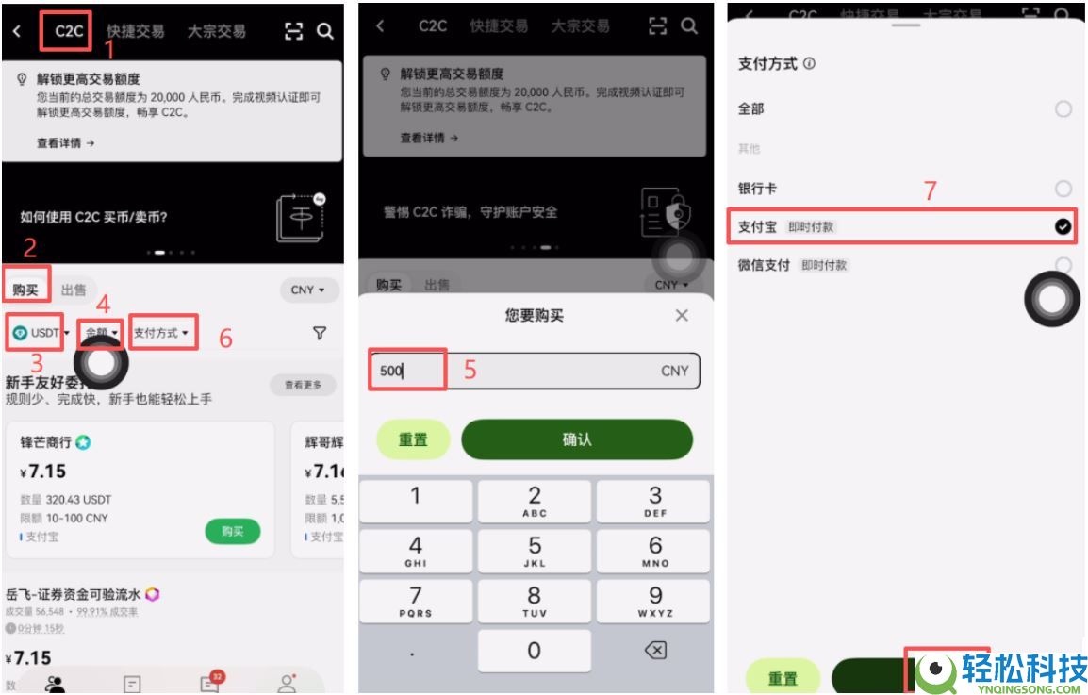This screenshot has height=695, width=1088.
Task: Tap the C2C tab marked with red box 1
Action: pyautogui.click(x=68, y=31)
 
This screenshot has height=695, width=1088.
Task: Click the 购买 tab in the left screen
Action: pyautogui.click(x=25, y=290)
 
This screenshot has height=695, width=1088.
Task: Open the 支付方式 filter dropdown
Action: pyautogui.click(x=161, y=333)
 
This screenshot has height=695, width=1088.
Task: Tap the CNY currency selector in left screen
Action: pyautogui.click(x=308, y=290)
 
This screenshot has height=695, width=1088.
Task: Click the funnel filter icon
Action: pyautogui.click(x=320, y=333)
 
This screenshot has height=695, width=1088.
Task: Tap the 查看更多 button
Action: pyautogui.click(x=303, y=385)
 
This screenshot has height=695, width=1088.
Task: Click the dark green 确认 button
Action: pyautogui.click(x=576, y=439)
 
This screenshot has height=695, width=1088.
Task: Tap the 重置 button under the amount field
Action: pyautogui.click(x=413, y=439)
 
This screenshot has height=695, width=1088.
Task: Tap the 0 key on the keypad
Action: pyautogui.click(x=534, y=651)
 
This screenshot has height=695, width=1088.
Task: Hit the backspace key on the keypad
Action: pyautogui.click(x=654, y=651)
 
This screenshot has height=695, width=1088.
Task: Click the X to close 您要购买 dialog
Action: pyautogui.click(x=682, y=316)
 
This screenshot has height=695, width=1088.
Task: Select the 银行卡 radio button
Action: pyautogui.click(x=1063, y=189)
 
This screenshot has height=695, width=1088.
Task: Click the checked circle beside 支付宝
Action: pyautogui.click(x=1063, y=226)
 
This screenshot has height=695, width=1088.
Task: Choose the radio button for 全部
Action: pyautogui.click(x=1063, y=109)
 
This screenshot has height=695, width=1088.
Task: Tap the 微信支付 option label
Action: pyautogui.click(x=764, y=266)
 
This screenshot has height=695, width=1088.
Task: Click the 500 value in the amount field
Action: pyautogui.click(x=390, y=371)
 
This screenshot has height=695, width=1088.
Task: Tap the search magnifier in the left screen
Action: pyautogui.click(x=324, y=31)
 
